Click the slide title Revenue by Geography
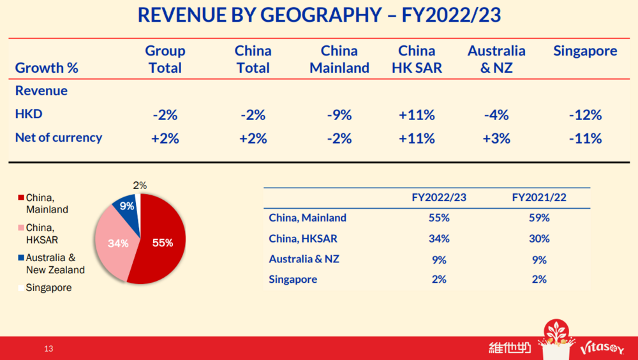(x=319, y=15)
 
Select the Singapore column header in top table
(x=585, y=51)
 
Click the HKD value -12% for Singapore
(x=585, y=115)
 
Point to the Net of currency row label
(x=59, y=137)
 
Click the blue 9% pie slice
(x=126, y=207)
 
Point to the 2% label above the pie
(x=140, y=186)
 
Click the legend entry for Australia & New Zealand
(x=54, y=264)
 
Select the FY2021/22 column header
(x=539, y=198)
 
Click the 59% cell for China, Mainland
(x=539, y=218)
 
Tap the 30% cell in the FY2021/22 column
(x=539, y=239)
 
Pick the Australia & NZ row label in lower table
(x=304, y=259)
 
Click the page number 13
(x=49, y=349)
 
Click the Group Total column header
(x=165, y=59)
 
